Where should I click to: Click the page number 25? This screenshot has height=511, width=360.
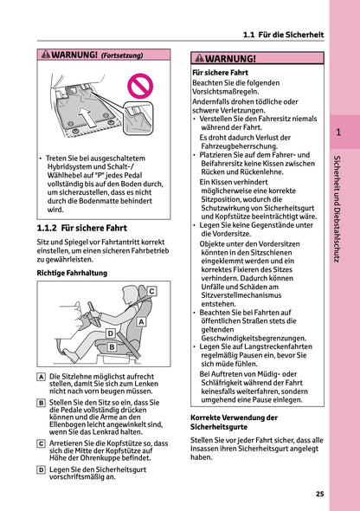pos(319,495)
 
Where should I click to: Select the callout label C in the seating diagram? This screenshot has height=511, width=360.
pos(151,291)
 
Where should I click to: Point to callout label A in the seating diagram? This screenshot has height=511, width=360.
pos(141,321)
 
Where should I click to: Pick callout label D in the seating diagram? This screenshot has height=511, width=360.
pos(110,333)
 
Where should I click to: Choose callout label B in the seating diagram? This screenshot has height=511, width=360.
pos(112,347)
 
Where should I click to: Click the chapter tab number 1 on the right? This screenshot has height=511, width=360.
pos(340,133)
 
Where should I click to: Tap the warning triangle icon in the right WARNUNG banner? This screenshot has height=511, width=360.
pos(199,59)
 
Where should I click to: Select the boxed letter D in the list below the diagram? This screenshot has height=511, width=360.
pos(42,469)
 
